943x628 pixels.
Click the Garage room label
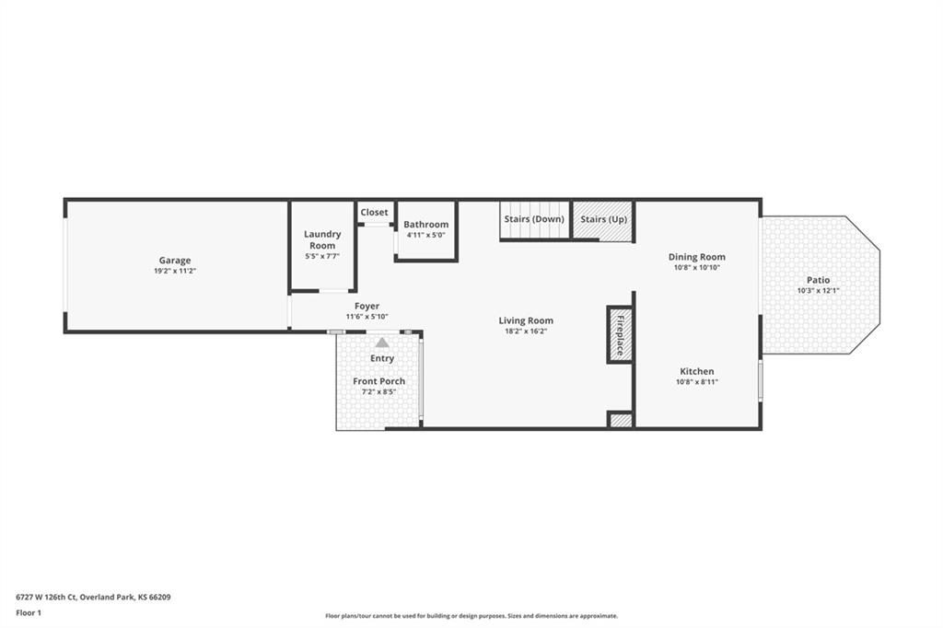175,261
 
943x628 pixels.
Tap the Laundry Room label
322,239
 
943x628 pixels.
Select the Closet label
374,213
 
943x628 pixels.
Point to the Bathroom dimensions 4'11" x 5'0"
425,235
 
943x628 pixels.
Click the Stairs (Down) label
534,219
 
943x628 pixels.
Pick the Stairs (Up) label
604,219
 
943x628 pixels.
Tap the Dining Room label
697,257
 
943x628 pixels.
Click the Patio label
819,280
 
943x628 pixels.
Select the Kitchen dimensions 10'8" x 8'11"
697,382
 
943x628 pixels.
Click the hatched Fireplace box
620,335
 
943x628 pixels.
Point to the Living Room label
526,320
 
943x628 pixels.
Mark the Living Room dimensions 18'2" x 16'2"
526,331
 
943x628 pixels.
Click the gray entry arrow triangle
382,343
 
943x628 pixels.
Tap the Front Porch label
378,381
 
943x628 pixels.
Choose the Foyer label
367,307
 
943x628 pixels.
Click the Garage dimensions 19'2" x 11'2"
175,272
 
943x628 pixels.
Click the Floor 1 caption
29,613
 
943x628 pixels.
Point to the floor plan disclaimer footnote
471,616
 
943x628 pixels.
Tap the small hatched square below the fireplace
620,420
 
